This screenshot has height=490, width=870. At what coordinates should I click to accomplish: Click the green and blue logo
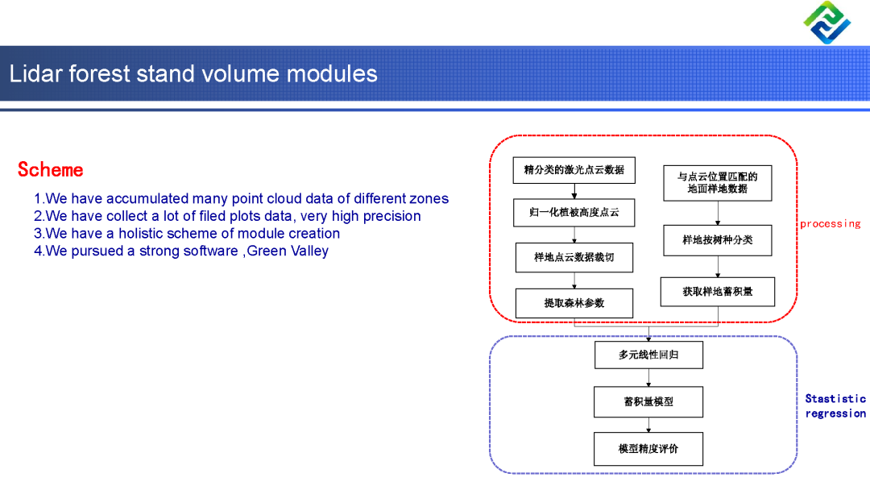coord(826,23)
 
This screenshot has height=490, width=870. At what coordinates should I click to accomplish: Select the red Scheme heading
coord(51,170)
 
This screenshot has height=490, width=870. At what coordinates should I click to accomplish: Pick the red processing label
coord(830,224)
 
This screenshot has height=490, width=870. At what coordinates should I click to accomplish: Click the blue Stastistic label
coord(835,399)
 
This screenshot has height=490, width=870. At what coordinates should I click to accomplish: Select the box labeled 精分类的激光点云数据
coord(574,170)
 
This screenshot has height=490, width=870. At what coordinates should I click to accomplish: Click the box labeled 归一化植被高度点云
coord(574,213)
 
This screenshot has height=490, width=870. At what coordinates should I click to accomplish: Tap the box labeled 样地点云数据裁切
coord(574,258)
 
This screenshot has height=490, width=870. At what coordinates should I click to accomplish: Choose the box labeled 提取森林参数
coord(574,303)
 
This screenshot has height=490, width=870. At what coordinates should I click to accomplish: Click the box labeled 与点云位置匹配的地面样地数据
coord(717,183)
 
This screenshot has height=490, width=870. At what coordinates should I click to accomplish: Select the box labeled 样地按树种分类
coord(718,240)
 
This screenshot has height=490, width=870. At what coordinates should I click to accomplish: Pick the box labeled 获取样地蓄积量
coord(718,292)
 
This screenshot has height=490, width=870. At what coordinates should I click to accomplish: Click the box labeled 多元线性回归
coord(648,355)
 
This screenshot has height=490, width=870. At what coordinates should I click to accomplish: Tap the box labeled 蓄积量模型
coord(648,402)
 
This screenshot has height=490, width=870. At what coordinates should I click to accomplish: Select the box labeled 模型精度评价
coord(648,449)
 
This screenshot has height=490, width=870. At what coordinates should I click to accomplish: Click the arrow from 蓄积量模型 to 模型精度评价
coord(648,426)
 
